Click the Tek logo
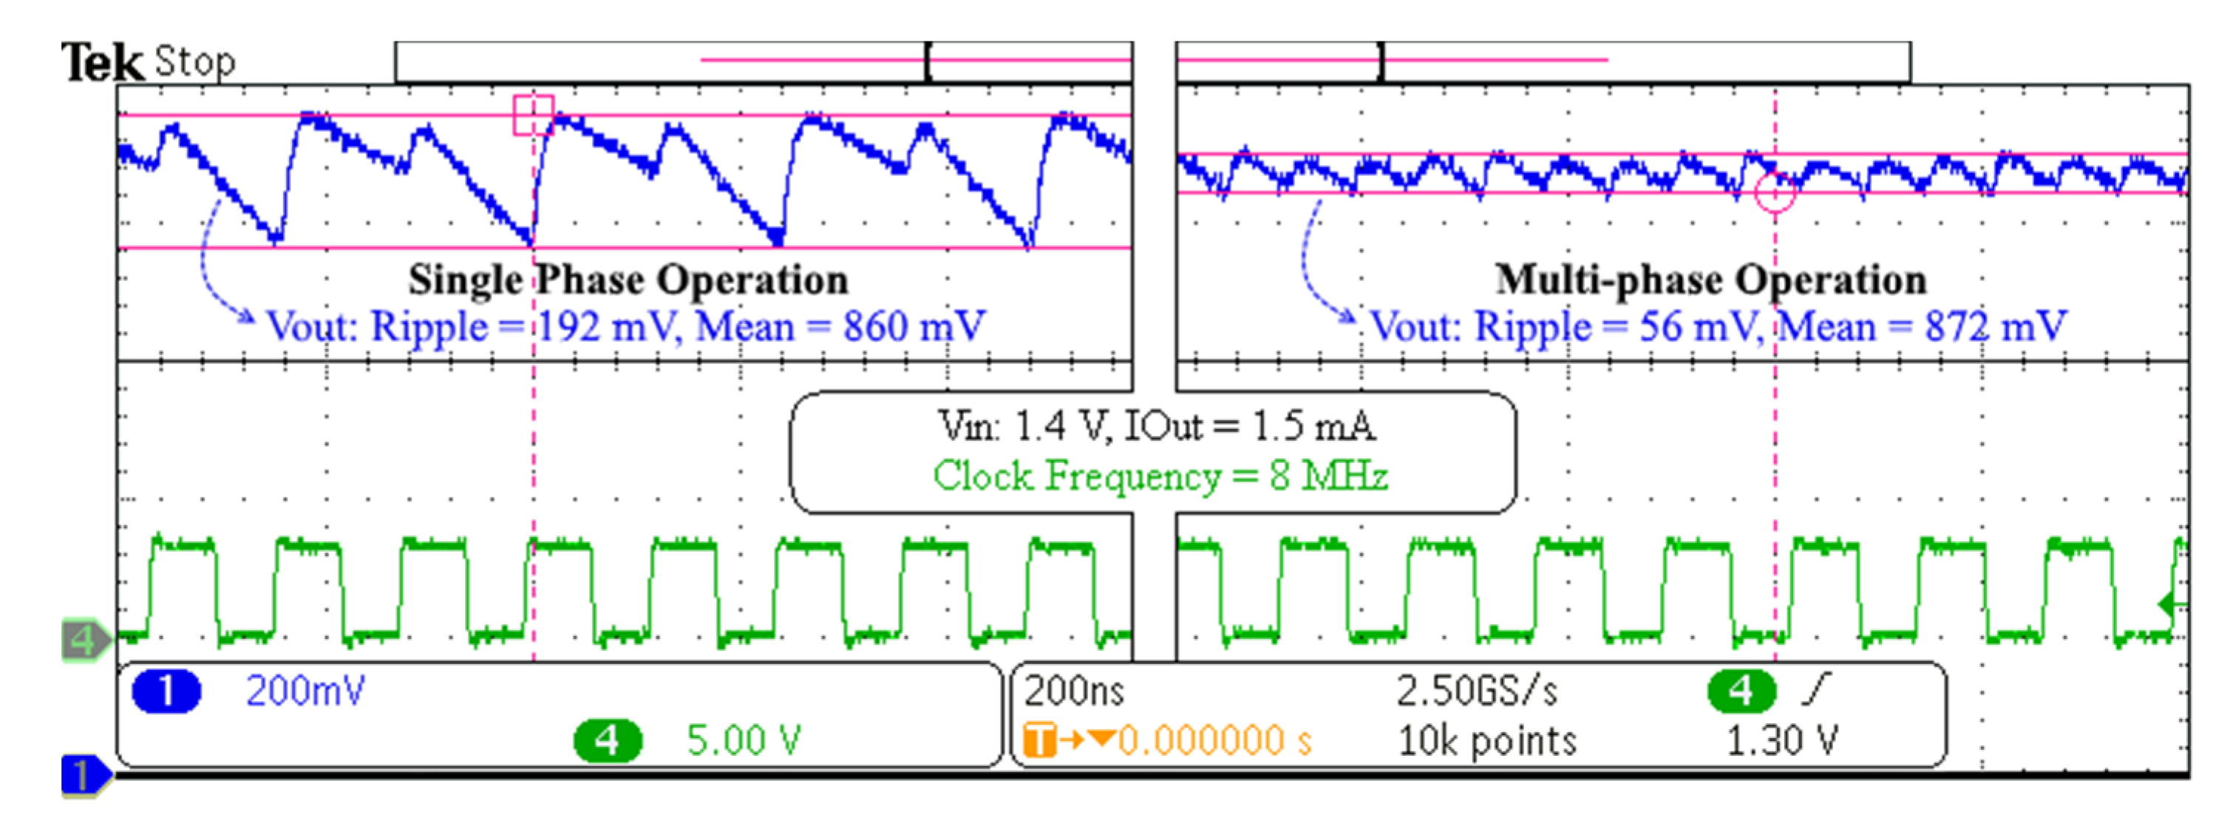[x=101, y=62]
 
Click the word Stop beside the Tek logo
[x=195, y=62]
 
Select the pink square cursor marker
[x=532, y=115]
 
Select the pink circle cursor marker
[x=1775, y=192]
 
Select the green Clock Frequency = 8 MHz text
[x=1160, y=476]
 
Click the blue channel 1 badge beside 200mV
[x=166, y=691]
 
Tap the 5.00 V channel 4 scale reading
[x=743, y=740]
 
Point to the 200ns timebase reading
[x=1073, y=691]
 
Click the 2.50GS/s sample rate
[x=1476, y=691]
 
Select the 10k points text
[x=1486, y=741]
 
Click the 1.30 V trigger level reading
[x=1781, y=741]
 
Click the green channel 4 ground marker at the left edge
[x=85, y=640]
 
